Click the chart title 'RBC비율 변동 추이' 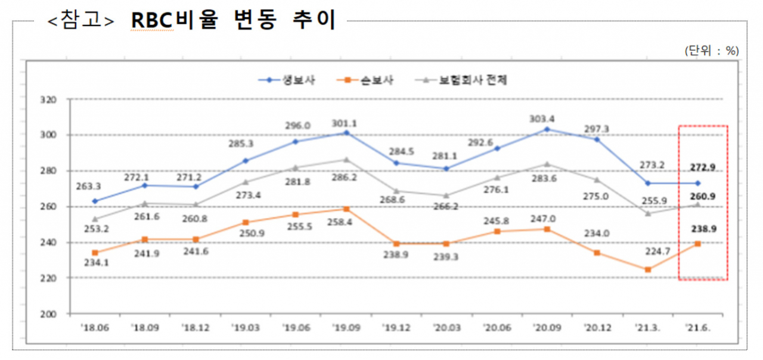234,20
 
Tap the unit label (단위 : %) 712,51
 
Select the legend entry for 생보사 287,80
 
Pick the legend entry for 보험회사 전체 461,80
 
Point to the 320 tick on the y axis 48,100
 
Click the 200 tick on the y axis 48,314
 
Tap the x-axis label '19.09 346,328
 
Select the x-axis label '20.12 597,328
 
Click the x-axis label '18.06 95,328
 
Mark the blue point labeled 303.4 547,129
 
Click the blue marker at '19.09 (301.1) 346,133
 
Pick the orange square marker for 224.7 648,270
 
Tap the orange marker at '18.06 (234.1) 95,253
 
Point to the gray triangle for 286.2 346,160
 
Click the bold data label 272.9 703,167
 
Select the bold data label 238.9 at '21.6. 704,229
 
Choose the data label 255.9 654,201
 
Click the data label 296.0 297,126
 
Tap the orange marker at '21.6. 697,244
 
